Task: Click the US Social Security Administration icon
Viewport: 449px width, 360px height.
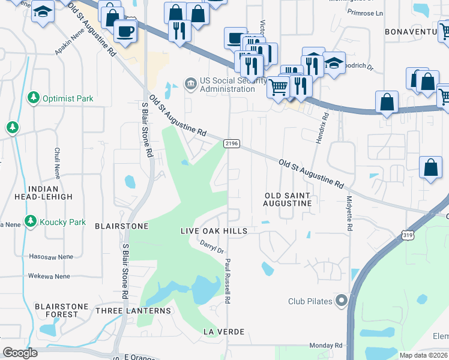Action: (x=191, y=83)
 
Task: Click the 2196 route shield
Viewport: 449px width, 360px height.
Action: (x=232, y=143)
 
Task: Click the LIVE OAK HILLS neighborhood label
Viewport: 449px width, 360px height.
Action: (x=214, y=231)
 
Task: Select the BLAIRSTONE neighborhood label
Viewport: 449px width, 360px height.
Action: (x=121, y=226)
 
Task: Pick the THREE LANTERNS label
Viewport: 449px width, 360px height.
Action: (x=133, y=311)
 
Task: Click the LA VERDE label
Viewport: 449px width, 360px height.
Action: (x=223, y=332)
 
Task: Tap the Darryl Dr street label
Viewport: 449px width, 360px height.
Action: (x=211, y=246)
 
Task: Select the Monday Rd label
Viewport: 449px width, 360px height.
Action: (x=325, y=346)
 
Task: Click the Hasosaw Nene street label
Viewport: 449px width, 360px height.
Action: (x=50, y=257)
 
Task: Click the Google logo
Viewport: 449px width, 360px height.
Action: (x=20, y=353)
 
